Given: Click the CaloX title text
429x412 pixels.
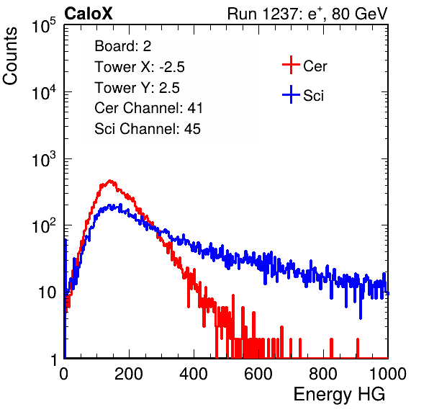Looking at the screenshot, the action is click(x=88, y=14).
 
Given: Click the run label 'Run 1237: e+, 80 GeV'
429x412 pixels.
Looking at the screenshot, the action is click(x=307, y=14).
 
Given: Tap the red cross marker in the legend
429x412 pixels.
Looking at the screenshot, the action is click(x=291, y=65).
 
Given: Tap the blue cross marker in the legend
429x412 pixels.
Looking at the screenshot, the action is click(x=291, y=94).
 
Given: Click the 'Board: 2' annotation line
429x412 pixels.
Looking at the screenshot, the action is click(x=123, y=46).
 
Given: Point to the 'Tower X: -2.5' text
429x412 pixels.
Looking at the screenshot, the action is click(x=140, y=67).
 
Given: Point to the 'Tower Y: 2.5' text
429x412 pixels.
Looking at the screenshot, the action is click(x=137, y=88).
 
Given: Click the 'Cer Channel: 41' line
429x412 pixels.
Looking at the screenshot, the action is click(x=148, y=108).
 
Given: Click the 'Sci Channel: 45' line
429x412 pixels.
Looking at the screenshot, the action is click(x=148, y=129).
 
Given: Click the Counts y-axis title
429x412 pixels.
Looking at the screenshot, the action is click(x=10, y=56).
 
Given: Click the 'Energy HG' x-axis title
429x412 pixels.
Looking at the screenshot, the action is click(x=339, y=395).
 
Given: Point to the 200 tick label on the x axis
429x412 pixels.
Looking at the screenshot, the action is click(x=129, y=374).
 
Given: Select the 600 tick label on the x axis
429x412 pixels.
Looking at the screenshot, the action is click(x=258, y=374).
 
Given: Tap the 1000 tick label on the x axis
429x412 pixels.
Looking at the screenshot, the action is click(x=388, y=374).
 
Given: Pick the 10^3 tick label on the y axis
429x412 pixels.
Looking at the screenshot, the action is click(x=44, y=159).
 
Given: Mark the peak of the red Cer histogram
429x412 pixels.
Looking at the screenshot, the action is click(x=109, y=180).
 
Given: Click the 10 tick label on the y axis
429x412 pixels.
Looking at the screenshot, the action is click(x=47, y=292).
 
